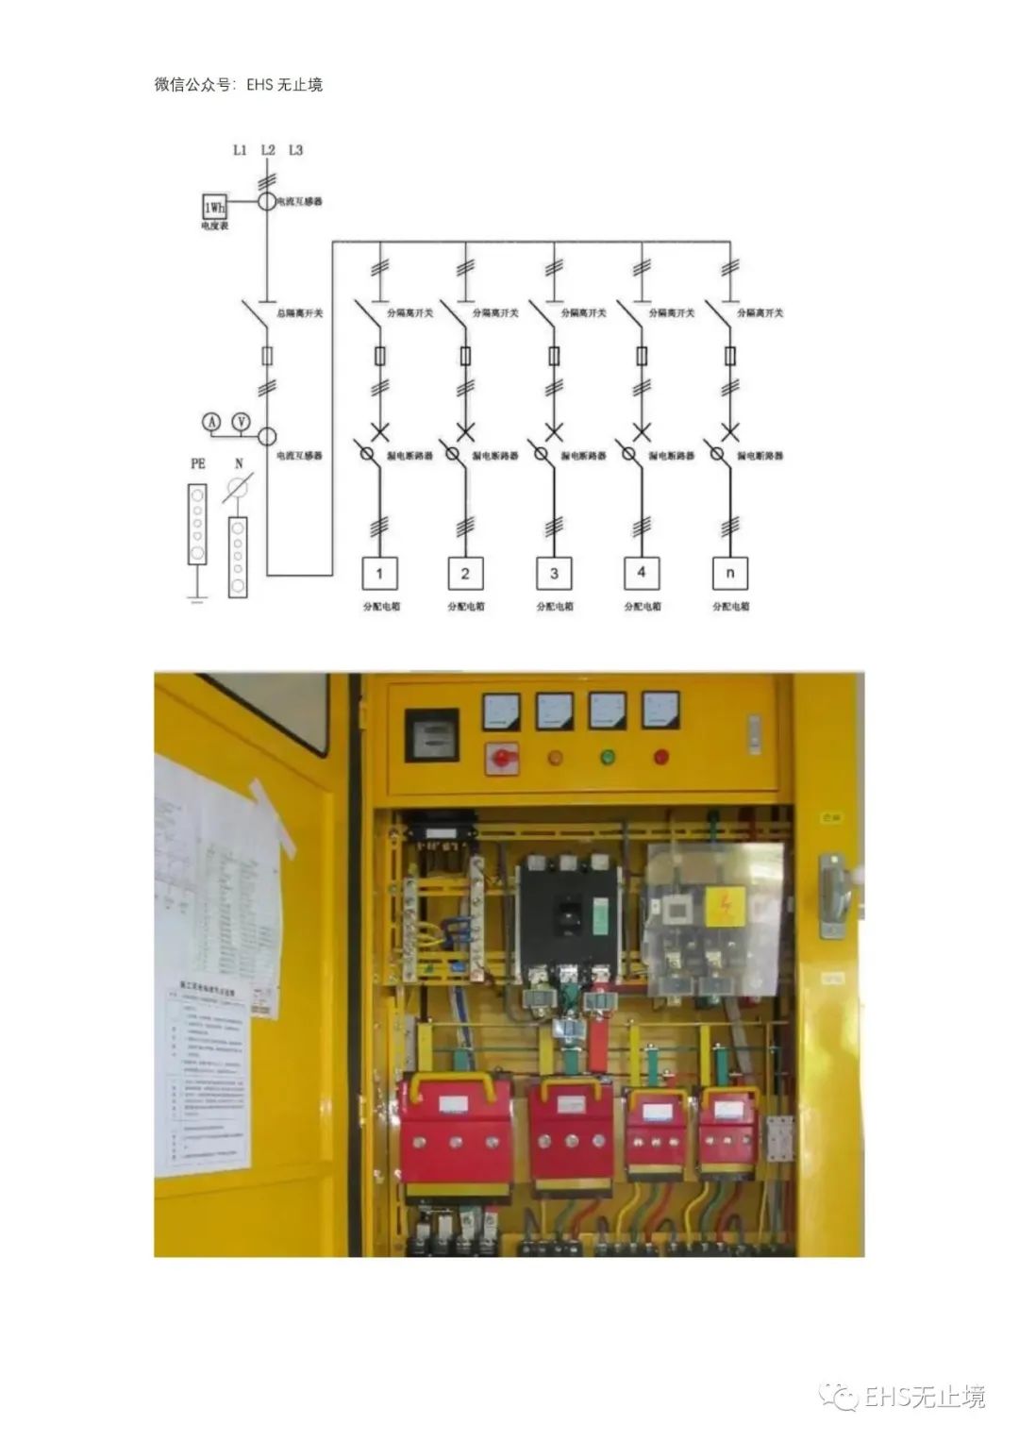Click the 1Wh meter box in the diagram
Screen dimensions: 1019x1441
tap(214, 206)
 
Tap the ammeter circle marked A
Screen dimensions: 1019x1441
tap(212, 423)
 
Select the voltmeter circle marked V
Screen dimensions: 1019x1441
tap(242, 423)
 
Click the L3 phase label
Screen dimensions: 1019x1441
tap(295, 150)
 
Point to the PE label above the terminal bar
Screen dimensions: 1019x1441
tap(197, 463)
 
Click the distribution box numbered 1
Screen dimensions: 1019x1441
tap(380, 573)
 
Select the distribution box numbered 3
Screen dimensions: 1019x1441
tap(554, 573)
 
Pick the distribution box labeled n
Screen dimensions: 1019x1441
tap(730, 573)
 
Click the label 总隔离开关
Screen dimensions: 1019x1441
tap(300, 312)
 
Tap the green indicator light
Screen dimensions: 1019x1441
tap(608, 756)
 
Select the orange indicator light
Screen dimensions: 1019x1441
tap(556, 756)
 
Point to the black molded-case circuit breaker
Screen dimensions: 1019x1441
tap(566, 915)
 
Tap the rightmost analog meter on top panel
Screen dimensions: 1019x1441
tap(660, 711)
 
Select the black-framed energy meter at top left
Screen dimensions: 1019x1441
tap(431, 734)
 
